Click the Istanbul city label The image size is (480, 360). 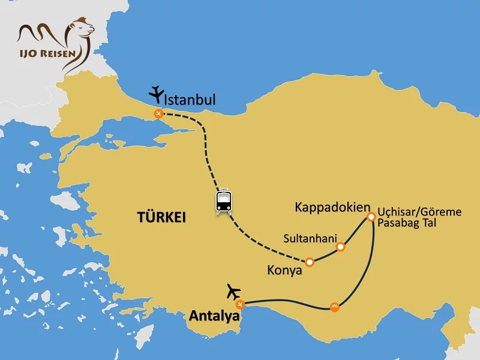tap(190, 100)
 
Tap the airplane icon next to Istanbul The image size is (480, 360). tap(157, 94)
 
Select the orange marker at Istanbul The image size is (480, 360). tap(158, 113)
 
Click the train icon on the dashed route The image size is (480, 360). tap(224, 201)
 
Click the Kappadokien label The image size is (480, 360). tap(332, 207)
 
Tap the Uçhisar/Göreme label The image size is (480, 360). tap(419, 212)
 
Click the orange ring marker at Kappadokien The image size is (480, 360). tap(371, 217)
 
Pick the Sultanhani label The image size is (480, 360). tap(310, 237)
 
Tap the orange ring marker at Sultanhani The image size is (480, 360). tap(341, 247)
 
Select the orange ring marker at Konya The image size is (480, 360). tap(310, 262)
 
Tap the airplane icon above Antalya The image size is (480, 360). tap(233, 292)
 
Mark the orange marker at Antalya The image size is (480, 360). tap(240, 304)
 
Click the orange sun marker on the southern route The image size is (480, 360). tap(334, 307)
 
